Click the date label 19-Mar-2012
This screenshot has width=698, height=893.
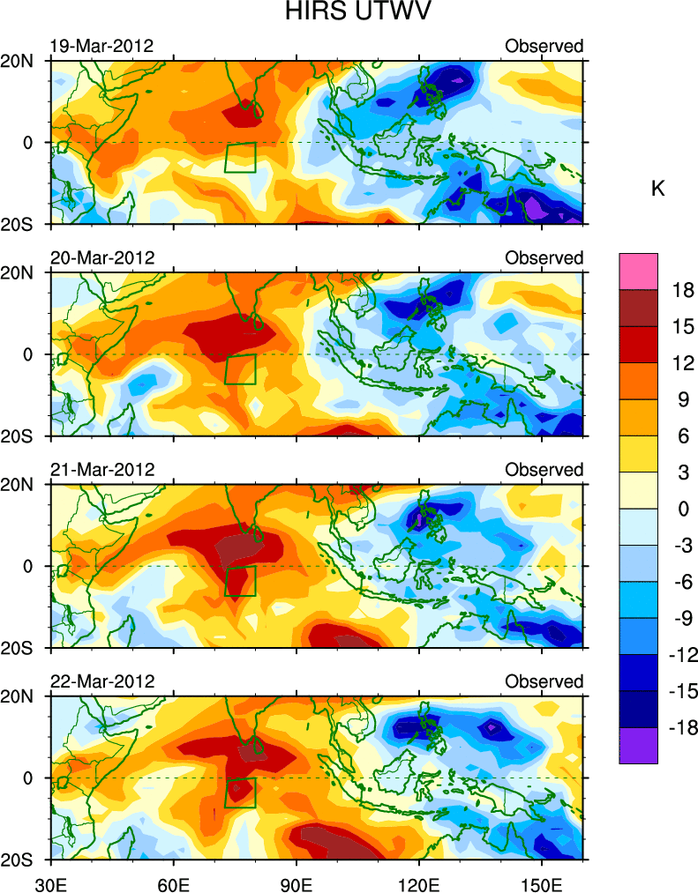101,46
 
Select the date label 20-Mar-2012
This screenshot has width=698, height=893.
101,258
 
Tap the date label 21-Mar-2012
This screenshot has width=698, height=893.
101,470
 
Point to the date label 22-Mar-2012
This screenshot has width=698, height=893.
101,681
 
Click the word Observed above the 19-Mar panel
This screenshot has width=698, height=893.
544,46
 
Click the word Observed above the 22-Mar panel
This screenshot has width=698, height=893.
544,681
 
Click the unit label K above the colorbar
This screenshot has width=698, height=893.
657,189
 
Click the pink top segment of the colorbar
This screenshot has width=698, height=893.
638,266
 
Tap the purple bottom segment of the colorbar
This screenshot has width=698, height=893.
638,746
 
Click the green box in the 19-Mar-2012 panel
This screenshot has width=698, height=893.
240,157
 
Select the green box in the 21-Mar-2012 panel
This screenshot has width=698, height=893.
240,581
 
